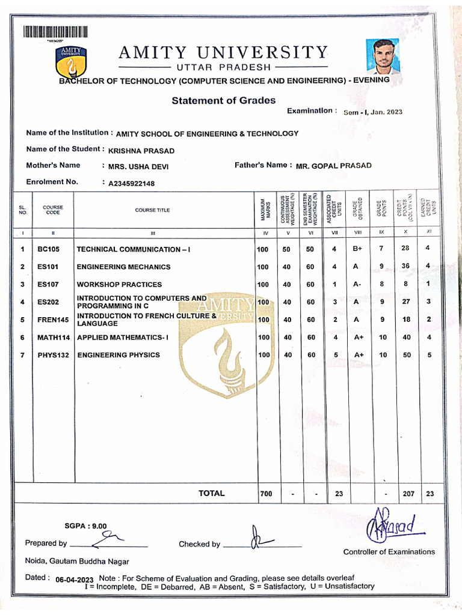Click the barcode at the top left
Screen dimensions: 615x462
56,32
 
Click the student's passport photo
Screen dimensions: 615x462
383,56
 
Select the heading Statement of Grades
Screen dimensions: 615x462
223,101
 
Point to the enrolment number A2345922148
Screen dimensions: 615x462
131,183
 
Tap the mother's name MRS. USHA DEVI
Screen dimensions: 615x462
138,166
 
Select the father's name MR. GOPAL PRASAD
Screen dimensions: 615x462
334,166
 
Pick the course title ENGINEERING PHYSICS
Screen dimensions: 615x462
119,355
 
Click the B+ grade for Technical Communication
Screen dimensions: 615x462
357,249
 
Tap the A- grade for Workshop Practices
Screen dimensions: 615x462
357,285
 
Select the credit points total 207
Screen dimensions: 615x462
407,494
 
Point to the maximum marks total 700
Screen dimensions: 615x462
265,494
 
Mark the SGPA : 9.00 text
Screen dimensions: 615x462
85,526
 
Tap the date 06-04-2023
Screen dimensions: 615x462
75,580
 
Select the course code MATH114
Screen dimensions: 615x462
54,338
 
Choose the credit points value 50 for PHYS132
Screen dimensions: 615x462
407,355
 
